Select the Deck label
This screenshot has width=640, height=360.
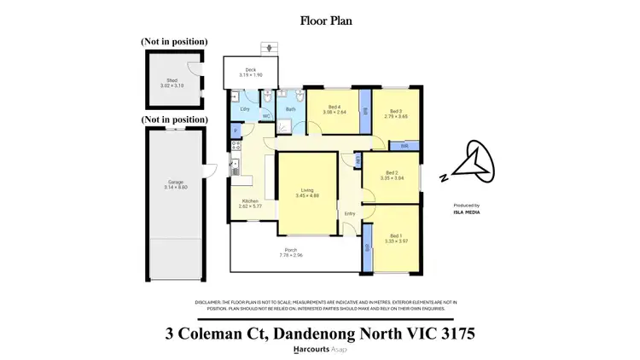(251, 70)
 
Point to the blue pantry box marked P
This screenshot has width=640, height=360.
(236, 130)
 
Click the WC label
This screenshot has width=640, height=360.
(265, 115)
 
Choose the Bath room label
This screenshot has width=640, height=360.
(290, 109)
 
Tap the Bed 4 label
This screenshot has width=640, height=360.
(337, 107)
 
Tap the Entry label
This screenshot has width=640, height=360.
(350, 213)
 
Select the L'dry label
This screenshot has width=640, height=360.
(245, 109)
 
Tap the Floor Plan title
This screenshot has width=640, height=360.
(319, 19)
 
